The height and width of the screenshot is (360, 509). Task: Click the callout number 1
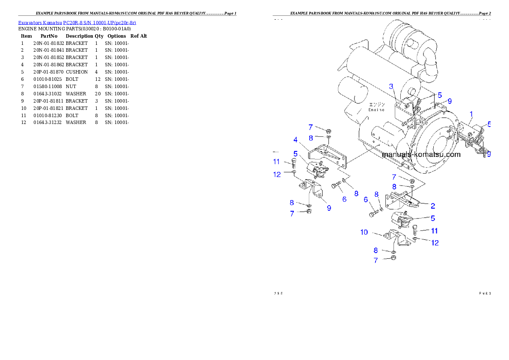471,114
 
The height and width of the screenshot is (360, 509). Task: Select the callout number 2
433,206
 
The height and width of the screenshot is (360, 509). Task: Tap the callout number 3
391,86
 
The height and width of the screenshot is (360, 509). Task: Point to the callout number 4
296,140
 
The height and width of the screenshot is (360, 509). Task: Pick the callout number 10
364,232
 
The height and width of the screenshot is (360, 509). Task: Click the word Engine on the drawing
376,109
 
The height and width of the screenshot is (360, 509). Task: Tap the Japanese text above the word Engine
377,104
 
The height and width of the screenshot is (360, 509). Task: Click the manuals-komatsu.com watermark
421,154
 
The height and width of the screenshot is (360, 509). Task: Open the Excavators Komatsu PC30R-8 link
77,23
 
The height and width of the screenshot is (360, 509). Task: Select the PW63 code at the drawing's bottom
485,293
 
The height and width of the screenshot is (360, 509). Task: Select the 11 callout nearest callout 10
434,231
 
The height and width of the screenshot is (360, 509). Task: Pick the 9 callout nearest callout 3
450,101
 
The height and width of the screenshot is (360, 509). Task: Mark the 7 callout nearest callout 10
376,260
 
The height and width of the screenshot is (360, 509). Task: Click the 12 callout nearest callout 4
277,174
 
